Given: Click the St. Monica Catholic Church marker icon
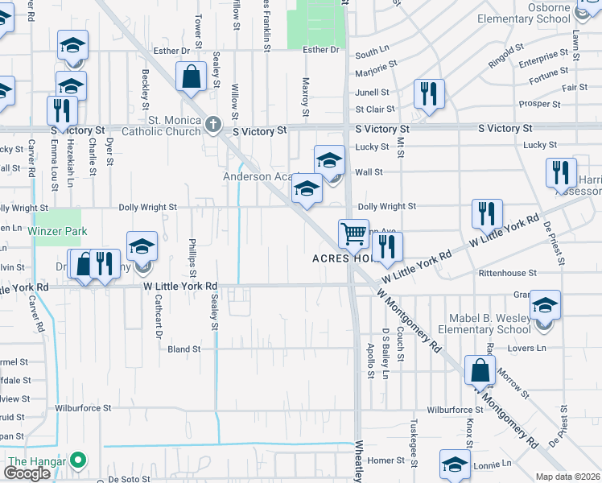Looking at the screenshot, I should pyautogui.click(x=212, y=124).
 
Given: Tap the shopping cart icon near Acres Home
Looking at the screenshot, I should pyautogui.click(x=354, y=233).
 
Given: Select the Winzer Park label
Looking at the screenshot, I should pyautogui.click(x=56, y=230).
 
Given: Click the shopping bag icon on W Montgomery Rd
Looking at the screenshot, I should pyautogui.click(x=480, y=370).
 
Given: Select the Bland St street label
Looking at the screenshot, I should pyautogui.click(x=184, y=349).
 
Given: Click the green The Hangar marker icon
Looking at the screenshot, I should pyautogui.click(x=78, y=461).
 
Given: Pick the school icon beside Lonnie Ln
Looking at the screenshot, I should pyautogui.click(x=455, y=464).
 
